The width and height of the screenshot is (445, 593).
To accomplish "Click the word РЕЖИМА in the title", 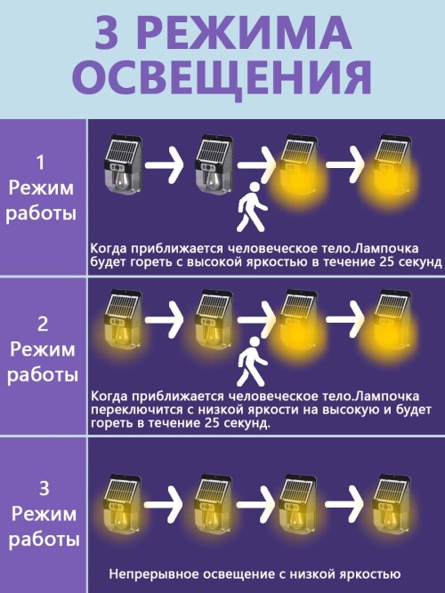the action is [247, 33].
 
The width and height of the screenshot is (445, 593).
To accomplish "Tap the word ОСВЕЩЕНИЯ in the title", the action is [222, 78].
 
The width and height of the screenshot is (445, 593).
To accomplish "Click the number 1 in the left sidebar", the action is [40, 162].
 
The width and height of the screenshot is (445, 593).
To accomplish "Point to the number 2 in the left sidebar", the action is [43, 325].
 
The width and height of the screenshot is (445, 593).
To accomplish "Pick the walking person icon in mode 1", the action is [251, 207].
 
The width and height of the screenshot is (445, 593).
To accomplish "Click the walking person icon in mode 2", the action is [252, 362].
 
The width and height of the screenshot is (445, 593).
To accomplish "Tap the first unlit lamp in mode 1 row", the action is [123, 167].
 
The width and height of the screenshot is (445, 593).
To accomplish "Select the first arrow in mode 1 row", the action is [165, 164].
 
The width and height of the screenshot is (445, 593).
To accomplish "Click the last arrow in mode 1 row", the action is [345, 164].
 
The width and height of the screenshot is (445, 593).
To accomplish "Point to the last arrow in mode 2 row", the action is [345, 319].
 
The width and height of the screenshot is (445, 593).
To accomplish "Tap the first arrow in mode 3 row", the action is [163, 504].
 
